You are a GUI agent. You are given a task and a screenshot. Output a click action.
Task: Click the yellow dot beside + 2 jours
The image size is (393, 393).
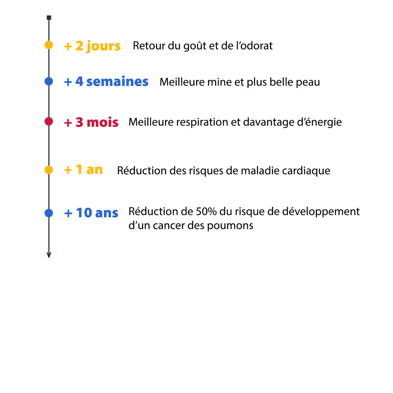tap(49, 45)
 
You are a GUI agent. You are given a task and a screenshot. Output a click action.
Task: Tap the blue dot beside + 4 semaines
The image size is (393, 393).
tap(49, 81)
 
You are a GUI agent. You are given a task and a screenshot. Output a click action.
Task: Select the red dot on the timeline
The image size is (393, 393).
tap(49, 121)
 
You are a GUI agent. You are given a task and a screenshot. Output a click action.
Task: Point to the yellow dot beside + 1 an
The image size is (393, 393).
tap(49, 170)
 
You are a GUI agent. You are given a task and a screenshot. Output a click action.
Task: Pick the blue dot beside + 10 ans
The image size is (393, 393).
tap(49, 213)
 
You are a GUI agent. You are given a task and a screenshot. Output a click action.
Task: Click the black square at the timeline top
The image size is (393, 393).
tap(49, 18)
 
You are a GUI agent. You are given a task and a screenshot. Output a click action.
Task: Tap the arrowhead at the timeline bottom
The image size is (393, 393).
tap(49, 255)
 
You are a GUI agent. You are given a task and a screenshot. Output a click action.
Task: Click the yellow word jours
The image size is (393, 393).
tap(103, 46)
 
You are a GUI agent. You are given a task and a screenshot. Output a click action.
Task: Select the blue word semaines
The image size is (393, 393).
tap(117, 81)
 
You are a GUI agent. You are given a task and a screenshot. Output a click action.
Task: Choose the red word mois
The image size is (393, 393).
tap(102, 122)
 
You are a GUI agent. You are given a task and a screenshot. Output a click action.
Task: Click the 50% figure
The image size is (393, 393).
tap(206, 211)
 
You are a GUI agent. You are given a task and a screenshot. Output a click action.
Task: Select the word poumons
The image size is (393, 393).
tap(230, 226)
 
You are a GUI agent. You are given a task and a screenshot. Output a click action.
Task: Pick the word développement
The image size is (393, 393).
tap(321, 212)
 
